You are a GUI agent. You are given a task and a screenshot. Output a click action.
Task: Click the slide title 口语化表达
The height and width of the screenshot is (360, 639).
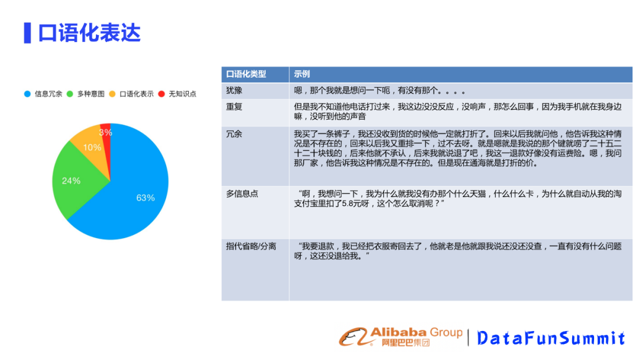[89, 33]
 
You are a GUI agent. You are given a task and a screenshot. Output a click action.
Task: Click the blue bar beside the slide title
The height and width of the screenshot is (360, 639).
[27, 33]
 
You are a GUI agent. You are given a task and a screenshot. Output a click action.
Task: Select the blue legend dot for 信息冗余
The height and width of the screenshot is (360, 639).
[27, 94]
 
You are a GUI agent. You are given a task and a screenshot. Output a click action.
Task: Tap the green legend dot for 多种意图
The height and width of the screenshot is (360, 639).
[70, 94]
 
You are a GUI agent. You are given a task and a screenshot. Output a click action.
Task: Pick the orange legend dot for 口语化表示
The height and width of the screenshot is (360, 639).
[112, 94]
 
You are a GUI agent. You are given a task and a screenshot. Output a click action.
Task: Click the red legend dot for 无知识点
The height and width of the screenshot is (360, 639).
[162, 94]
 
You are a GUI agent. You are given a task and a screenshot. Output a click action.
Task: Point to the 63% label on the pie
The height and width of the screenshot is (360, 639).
[146, 198]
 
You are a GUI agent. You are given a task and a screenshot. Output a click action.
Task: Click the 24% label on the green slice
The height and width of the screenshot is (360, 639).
[71, 181]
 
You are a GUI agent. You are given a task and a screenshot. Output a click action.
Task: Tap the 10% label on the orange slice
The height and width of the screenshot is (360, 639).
[92, 147]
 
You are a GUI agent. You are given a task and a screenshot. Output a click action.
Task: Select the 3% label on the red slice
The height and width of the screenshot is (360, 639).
[105, 133]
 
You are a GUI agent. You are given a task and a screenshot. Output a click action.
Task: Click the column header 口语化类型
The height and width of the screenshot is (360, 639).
[246, 74]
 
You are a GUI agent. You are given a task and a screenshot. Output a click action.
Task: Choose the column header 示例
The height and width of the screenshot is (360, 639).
[302, 74]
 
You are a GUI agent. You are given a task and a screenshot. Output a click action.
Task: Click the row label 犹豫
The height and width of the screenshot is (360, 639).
[234, 91]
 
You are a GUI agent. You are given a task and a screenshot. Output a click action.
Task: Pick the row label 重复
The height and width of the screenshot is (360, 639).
[234, 107]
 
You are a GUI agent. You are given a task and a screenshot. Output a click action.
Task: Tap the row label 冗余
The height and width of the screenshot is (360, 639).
[234, 134]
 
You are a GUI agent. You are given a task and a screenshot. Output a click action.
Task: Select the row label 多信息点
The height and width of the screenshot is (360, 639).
[242, 194]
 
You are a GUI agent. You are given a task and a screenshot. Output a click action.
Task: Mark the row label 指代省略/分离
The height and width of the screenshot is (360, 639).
[251, 247]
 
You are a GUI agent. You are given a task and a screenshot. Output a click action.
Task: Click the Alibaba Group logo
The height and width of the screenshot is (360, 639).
[401, 337]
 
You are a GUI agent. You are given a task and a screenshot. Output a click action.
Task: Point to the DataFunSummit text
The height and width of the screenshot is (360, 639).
[551, 338]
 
